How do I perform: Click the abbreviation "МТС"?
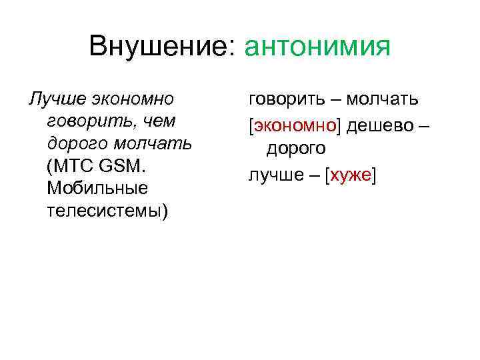[x=73, y=166]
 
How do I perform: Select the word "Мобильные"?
[x=97, y=189]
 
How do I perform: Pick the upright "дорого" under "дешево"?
[x=296, y=148]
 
